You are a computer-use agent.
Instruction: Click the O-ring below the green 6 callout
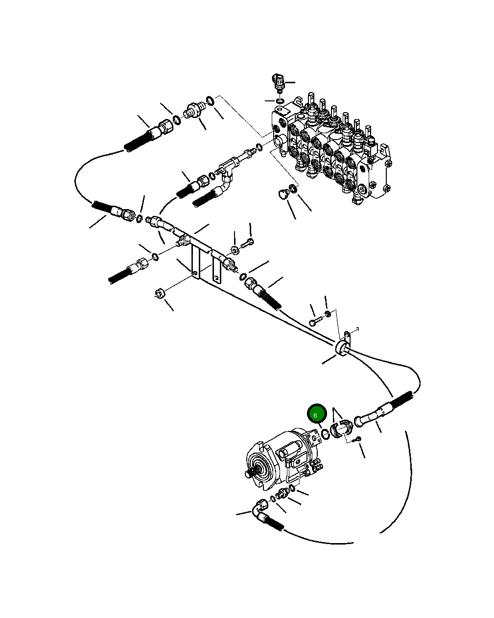[325, 433]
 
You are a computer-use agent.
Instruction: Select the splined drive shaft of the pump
[250, 473]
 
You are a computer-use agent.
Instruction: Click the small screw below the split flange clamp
[357, 439]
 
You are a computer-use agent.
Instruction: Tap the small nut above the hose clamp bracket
[328, 313]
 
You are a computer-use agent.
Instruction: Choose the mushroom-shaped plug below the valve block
[282, 194]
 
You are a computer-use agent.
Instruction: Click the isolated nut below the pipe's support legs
[160, 294]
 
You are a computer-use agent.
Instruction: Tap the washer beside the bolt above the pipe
[235, 250]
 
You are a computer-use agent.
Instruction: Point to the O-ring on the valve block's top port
[279, 101]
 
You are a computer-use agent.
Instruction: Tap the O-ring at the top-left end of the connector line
[210, 101]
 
